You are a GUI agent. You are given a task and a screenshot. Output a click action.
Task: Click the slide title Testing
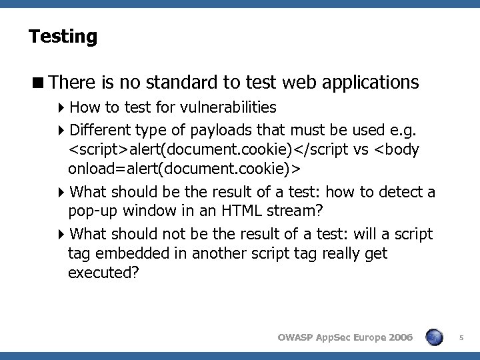click(x=63, y=36)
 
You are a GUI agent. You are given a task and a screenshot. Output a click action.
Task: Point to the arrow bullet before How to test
click(x=62, y=107)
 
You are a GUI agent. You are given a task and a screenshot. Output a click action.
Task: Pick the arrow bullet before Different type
click(x=62, y=129)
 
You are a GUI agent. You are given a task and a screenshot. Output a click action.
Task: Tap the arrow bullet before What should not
click(x=62, y=234)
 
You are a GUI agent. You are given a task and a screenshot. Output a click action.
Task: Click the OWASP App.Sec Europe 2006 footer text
click(x=345, y=339)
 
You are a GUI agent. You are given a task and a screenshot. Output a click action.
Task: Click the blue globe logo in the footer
click(x=435, y=337)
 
